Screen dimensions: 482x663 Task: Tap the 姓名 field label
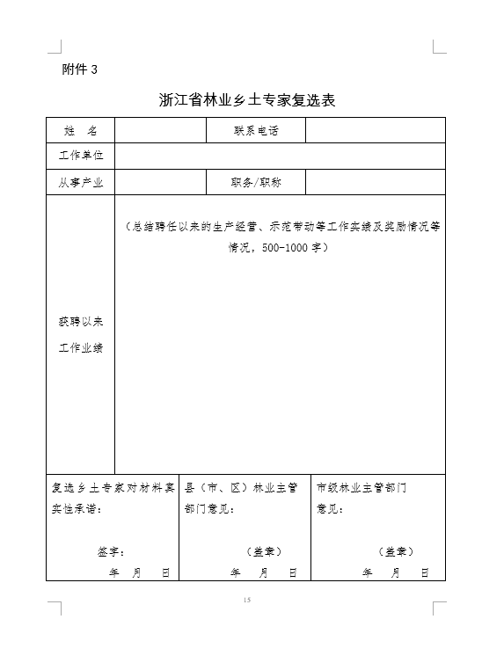tap(80, 130)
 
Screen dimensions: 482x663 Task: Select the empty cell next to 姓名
tap(160, 130)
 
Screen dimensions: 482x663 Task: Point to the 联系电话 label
tap(255, 130)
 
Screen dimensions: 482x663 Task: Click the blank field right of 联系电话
tap(375, 130)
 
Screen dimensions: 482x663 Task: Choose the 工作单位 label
tap(80, 155)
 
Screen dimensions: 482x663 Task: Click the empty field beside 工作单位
tap(280, 155)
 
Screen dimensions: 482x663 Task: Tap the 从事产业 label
tap(80, 182)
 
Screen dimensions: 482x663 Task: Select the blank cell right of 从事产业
tap(160, 182)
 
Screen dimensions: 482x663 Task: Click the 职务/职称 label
tap(255, 182)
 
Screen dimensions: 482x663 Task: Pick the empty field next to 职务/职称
tap(375, 182)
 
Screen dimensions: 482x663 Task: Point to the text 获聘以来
tap(80, 322)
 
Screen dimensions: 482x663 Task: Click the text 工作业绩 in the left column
tap(80, 348)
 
